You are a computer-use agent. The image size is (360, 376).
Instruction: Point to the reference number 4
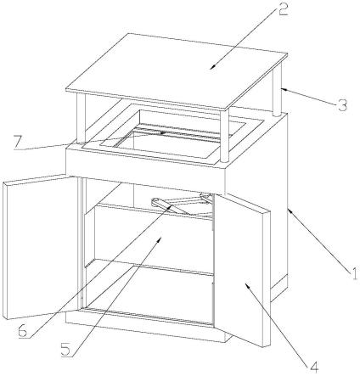pos(313,367)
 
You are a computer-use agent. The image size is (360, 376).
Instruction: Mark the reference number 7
pos(17,142)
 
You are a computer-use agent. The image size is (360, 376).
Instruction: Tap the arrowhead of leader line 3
pos(284,89)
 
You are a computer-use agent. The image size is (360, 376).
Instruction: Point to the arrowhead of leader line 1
pos(290,210)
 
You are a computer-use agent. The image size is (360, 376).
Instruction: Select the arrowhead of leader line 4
pos(247,285)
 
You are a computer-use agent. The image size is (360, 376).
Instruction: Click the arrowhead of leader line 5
pos(160,239)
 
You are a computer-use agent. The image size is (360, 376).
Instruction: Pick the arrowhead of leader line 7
pos(162,132)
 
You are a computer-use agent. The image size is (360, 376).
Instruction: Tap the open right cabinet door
pos(241,269)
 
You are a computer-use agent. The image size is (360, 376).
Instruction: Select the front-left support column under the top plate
pos(82,117)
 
